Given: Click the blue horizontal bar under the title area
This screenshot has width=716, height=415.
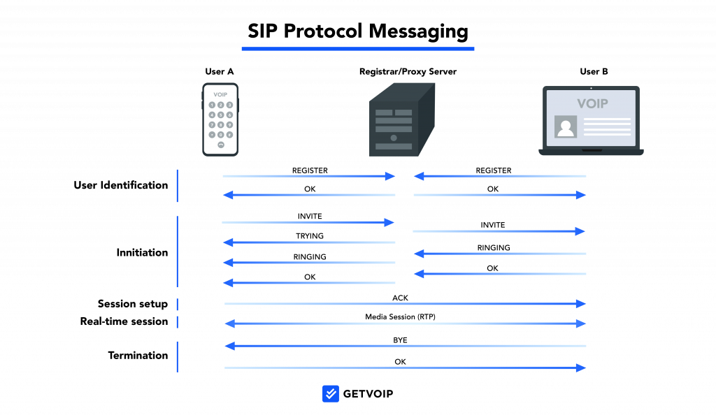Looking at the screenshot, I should point(357,49).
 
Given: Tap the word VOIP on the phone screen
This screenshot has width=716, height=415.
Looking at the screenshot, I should point(220,94).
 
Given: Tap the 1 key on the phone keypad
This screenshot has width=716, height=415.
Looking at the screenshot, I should point(212,105).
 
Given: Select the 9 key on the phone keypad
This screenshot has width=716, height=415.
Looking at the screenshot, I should point(229,125).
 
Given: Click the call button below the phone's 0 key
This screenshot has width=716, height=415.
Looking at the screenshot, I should point(221,145).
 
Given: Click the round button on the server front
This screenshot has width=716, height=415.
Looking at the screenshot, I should point(394,138).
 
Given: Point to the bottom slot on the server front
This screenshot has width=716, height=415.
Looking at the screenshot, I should point(394,147).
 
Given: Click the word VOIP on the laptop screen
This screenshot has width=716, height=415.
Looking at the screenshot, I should point(592,103).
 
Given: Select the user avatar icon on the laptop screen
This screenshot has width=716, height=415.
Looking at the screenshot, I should point(565,126).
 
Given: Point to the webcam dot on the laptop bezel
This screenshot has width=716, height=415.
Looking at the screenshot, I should point(591,88).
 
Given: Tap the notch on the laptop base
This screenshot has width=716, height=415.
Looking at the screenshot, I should point(592,150).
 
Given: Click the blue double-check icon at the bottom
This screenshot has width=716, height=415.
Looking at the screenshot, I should point(331,393).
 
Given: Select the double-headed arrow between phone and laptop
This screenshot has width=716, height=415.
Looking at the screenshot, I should point(405,323).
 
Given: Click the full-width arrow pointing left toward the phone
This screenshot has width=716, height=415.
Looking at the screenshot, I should point(405,346).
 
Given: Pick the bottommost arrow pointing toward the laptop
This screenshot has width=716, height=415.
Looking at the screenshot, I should point(405,367).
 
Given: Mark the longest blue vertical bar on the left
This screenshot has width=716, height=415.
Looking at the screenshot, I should point(178,252).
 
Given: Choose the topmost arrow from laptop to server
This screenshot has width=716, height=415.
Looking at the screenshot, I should point(499,176).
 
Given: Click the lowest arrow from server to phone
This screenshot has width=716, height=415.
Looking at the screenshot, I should point(308,283).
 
